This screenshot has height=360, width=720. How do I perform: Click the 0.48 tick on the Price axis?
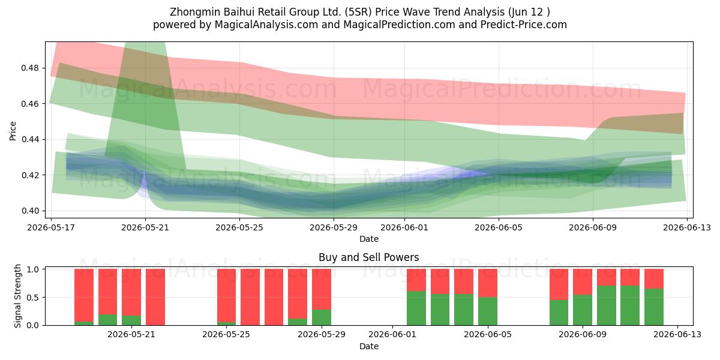[x=29, y=68]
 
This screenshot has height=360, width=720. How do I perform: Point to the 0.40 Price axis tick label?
[x=29, y=211]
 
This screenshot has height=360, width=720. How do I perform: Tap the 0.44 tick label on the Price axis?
[x=29, y=139]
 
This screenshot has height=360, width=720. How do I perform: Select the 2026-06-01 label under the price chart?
[x=404, y=227]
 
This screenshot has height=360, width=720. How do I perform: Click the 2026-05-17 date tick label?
[x=51, y=227]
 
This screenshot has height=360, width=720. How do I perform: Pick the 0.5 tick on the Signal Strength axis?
[x=32, y=298]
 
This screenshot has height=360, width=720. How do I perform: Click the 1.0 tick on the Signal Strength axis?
[x=32, y=269]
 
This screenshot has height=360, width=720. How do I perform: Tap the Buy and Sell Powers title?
[x=368, y=257]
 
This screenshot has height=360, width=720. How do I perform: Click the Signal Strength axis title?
[x=17, y=296]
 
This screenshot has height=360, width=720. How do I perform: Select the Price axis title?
[x=13, y=131]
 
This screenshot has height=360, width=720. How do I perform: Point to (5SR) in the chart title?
[x=358, y=12]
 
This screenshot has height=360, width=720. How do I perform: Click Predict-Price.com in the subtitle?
[x=524, y=25]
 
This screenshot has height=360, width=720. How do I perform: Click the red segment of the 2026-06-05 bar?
[x=488, y=283]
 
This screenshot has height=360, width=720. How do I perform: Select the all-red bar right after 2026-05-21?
[x=155, y=297]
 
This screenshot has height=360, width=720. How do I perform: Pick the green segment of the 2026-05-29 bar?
[x=322, y=317]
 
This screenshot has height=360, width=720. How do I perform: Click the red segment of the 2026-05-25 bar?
[x=226, y=295]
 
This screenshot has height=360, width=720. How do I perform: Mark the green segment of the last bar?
[x=654, y=307]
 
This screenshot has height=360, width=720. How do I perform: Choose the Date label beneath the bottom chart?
[x=368, y=346]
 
